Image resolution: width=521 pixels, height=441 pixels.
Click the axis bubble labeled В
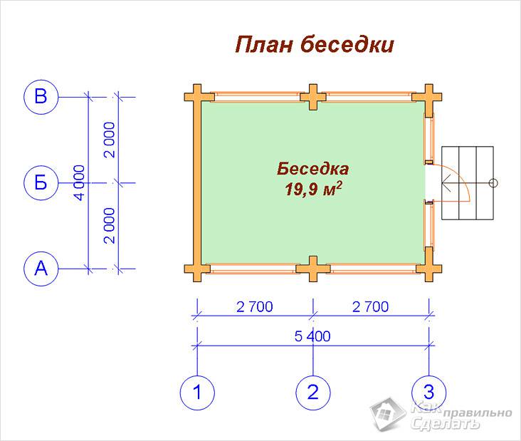pyautogui.click(x=41, y=97)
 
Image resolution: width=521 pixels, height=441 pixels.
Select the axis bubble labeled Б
pyautogui.click(x=41, y=182)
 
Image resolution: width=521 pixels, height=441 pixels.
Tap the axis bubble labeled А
pyautogui.click(x=41, y=269)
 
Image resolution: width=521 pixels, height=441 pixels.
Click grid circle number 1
pyautogui.click(x=197, y=393)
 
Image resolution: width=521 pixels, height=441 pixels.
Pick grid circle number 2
pyautogui.click(x=313, y=393)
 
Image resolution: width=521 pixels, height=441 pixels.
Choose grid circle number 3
pyautogui.click(x=428, y=393)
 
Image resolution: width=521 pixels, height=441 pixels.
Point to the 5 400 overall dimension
pyautogui.click(x=312, y=336)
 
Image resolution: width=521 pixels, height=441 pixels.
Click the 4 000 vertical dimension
pyautogui.click(x=80, y=182)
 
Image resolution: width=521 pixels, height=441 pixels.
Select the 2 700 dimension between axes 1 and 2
pyautogui.click(x=255, y=306)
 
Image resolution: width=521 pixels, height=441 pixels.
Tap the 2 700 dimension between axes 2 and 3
pyautogui.click(x=371, y=306)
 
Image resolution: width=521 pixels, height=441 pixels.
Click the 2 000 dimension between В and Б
pyautogui.click(x=109, y=140)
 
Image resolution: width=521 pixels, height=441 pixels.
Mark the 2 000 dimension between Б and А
pyautogui.click(x=109, y=226)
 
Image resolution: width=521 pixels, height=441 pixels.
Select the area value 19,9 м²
pyautogui.click(x=313, y=190)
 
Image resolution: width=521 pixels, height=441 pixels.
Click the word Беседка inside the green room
pyautogui.click(x=313, y=169)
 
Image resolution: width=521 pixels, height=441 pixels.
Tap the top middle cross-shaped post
pyautogui.click(x=313, y=97)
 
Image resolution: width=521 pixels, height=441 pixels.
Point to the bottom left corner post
pyautogui.click(x=197, y=269)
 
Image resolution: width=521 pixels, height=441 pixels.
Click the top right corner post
pyautogui.click(x=428, y=97)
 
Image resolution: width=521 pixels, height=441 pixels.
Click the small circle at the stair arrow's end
pyautogui.click(x=493, y=183)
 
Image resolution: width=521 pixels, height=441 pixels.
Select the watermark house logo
pyautogui.click(x=387, y=413)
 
